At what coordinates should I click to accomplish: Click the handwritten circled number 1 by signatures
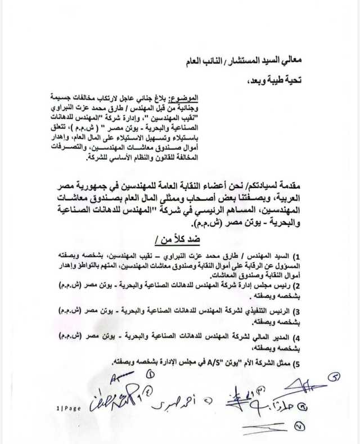150,374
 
